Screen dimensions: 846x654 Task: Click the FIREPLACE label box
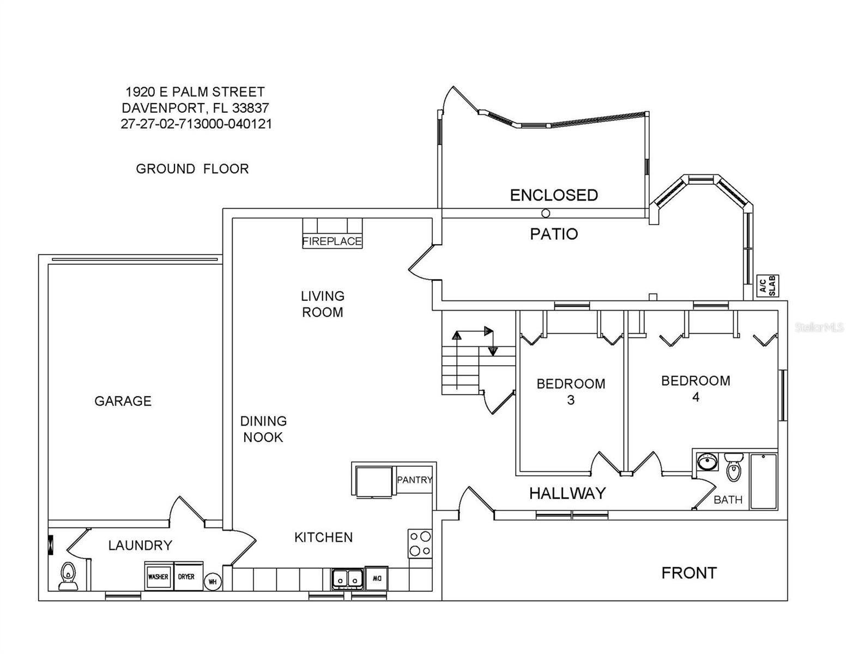pos(332,241)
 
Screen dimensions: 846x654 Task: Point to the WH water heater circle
pos(213,582)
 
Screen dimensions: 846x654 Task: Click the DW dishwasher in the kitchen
pos(377,579)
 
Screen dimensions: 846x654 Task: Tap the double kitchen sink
pos(347,579)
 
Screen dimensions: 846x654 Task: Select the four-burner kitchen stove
pos(420,543)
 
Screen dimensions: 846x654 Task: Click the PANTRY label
pos(415,480)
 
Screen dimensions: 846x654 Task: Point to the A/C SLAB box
pos(768,286)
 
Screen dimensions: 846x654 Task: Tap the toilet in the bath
pos(734,467)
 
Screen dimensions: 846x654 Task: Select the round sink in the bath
pos(708,462)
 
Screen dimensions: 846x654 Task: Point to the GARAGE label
pos(123,401)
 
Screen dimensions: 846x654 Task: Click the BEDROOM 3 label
pos(571,391)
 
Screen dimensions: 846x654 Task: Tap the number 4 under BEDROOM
pos(696,397)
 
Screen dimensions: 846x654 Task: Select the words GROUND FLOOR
pos(192,169)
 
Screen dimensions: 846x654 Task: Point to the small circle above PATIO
pos(546,213)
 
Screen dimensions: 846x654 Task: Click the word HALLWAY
pos(567,493)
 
